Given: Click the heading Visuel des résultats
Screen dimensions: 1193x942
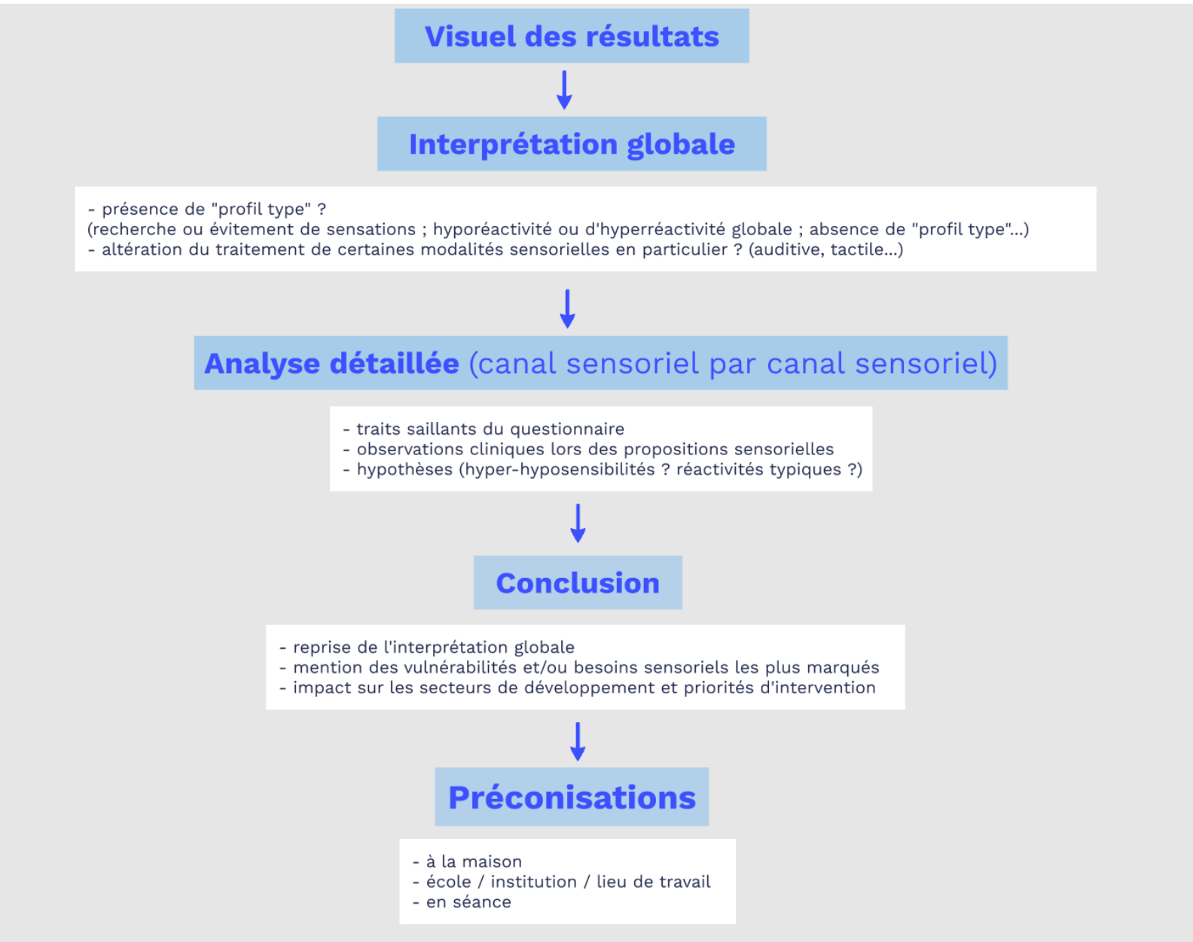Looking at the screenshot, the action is tap(572, 37).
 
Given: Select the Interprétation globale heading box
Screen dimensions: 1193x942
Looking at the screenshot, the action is tap(572, 144).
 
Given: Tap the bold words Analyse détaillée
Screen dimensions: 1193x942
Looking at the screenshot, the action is tap(331, 364).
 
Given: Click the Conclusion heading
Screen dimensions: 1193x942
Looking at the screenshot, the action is tap(578, 583).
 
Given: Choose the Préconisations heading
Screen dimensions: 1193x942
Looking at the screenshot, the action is tap(572, 797).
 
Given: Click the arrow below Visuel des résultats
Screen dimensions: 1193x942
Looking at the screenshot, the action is tap(564, 90).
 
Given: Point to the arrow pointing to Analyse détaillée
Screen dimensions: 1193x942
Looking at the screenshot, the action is tap(567, 309).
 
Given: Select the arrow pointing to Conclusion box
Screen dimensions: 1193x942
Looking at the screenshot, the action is tap(578, 523).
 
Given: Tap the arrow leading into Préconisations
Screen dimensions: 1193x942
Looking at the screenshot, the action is tap(578, 742).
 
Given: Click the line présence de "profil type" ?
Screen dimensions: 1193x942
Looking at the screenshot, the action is tap(207, 210).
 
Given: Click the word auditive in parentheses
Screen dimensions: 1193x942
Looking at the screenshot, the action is tap(787, 249).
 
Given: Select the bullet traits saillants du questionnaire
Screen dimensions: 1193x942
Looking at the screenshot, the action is tap(484, 429).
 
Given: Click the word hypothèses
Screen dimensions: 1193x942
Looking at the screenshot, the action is tap(404, 469).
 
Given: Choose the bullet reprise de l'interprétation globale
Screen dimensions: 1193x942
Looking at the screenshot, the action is tap(427, 647).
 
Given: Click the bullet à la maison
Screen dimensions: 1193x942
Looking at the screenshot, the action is tap(467, 861).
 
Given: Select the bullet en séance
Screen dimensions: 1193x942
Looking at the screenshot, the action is tap(462, 902).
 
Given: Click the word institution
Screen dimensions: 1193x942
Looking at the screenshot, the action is tap(533, 882).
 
